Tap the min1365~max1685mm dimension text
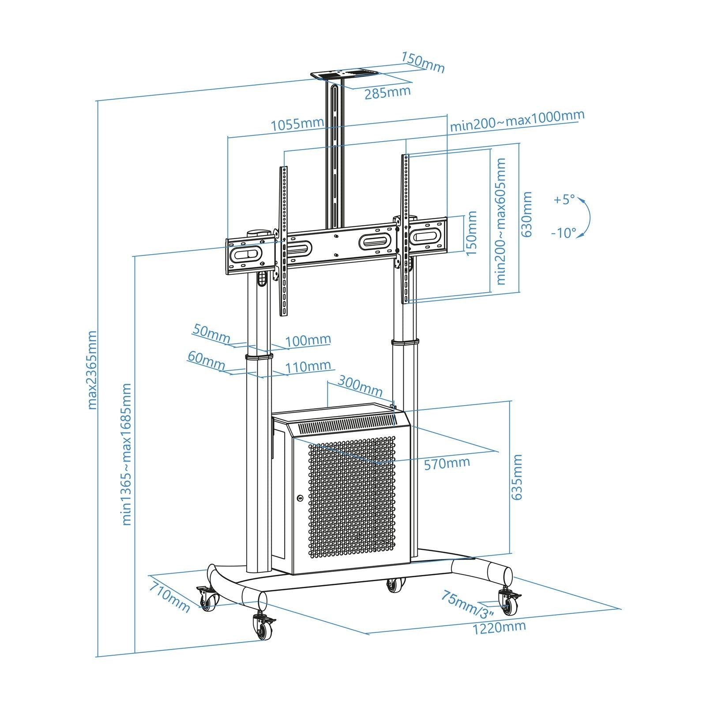[x=127, y=454]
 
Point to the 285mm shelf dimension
[x=387, y=93]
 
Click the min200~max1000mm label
[x=517, y=120]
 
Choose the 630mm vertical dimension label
[x=527, y=214]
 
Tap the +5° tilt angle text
[x=564, y=199]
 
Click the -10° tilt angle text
[x=563, y=233]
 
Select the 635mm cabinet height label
[x=517, y=477]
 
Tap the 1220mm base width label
[x=499, y=627]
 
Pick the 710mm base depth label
[x=169, y=597]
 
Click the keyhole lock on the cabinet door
[x=300, y=498]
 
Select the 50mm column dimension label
[x=211, y=334]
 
